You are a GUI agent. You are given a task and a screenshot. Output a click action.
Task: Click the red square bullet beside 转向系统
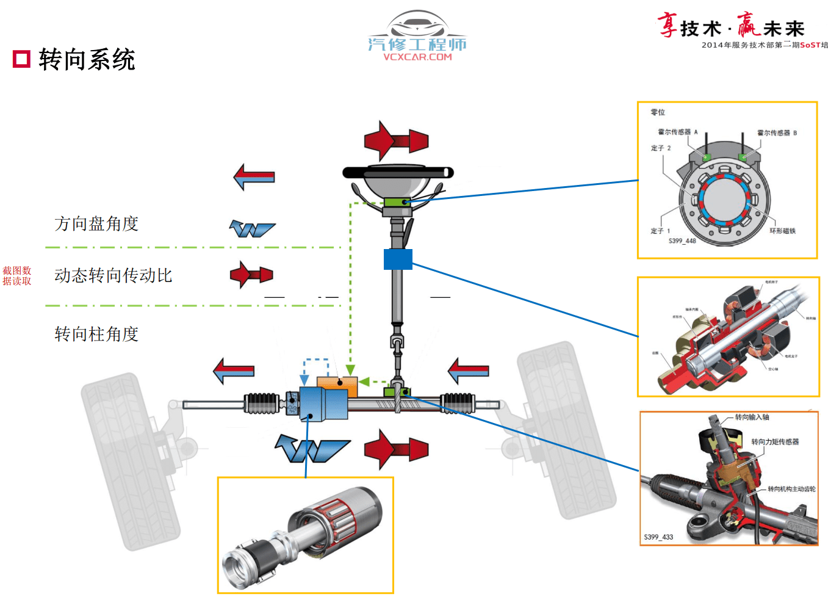(x=21, y=59)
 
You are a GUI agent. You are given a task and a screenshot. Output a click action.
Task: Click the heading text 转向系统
(x=87, y=60)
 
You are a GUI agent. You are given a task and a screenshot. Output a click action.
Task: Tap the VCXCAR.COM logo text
(x=417, y=57)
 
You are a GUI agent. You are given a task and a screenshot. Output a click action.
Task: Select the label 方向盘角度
(x=96, y=224)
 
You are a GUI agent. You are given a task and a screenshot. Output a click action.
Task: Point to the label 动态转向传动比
(x=113, y=276)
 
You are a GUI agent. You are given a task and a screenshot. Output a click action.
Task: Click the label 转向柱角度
(x=96, y=334)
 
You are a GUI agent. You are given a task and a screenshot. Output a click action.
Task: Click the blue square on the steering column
(x=398, y=259)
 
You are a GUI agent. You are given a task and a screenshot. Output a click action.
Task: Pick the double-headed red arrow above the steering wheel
(x=396, y=140)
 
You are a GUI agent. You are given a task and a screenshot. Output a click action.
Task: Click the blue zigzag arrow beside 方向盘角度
(x=251, y=229)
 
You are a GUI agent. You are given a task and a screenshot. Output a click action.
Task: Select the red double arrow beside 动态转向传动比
(x=251, y=275)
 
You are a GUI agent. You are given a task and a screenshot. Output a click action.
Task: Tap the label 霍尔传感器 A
(x=677, y=132)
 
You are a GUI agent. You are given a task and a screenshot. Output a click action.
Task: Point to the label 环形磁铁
(x=782, y=231)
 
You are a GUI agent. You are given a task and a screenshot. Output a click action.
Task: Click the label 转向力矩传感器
(x=775, y=441)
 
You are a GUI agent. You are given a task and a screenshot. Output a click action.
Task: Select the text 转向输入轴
(x=752, y=417)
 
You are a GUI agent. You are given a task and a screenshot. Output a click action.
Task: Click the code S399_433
(x=658, y=537)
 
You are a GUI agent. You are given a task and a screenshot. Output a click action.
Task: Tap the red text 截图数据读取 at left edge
(x=16, y=276)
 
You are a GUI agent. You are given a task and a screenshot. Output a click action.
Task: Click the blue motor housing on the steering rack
(x=323, y=403)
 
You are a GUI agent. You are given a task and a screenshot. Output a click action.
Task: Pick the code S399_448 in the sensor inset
(x=682, y=241)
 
